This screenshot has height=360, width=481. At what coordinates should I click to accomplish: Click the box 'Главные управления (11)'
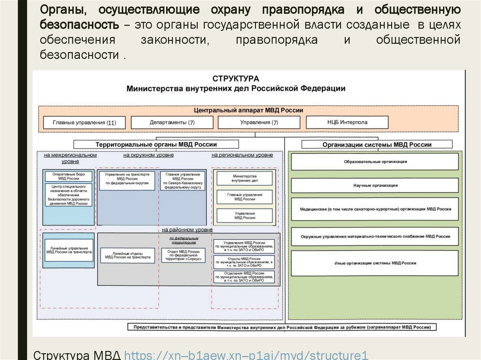click(x=85, y=123)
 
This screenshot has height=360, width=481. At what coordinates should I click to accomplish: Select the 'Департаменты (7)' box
click(x=172, y=123)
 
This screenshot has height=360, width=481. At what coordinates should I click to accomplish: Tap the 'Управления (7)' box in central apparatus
click(x=259, y=123)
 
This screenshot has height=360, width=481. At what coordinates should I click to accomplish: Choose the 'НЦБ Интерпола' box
click(x=347, y=122)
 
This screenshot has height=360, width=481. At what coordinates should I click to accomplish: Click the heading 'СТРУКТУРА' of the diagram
click(x=235, y=79)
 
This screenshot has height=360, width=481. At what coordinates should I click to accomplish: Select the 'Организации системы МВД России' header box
click(x=377, y=145)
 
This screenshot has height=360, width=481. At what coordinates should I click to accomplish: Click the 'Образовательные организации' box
click(x=375, y=161)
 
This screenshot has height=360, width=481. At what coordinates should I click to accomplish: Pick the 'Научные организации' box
click(x=375, y=185)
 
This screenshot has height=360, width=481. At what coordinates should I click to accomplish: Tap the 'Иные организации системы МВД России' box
click(x=375, y=263)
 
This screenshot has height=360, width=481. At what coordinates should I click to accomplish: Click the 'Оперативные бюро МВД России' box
click(x=69, y=176)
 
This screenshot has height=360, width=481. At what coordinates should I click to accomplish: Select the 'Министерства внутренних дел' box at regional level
click(x=245, y=178)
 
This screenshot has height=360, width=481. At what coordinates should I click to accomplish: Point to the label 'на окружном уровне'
click(x=148, y=155)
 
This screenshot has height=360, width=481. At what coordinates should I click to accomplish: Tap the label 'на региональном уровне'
click(x=242, y=155)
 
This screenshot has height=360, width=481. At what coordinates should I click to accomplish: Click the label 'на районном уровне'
click(x=187, y=230)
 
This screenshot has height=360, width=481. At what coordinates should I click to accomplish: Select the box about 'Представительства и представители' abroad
click(x=285, y=327)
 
